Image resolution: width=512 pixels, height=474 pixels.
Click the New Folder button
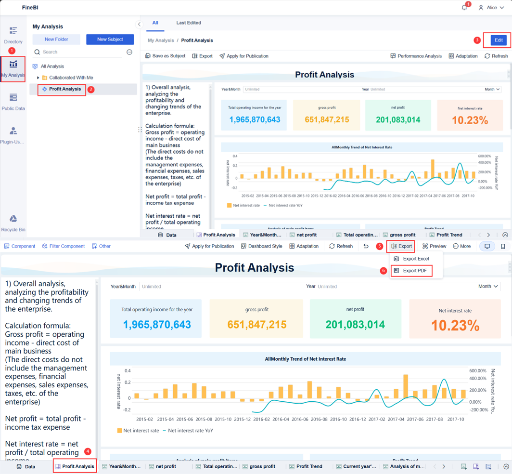coord(56,39)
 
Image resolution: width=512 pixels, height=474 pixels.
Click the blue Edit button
coord(499,40)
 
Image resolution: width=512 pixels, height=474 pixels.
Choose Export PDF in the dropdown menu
coord(414,271)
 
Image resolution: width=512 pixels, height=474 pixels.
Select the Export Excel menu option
coord(415,259)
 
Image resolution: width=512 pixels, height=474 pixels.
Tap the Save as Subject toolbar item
coord(165,56)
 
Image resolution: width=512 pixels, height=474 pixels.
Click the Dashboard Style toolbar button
coord(261,246)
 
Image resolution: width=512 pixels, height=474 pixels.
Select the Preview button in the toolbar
coord(434,246)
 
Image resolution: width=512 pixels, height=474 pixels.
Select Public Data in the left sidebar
coord(13,102)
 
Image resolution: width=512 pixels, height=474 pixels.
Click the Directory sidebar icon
coord(13,35)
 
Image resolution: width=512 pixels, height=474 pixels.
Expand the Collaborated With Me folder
coord(38,78)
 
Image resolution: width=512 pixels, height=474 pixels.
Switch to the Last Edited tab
coord(188,23)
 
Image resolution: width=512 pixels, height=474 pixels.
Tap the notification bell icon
coord(464,8)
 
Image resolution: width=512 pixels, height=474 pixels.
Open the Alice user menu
coord(491,8)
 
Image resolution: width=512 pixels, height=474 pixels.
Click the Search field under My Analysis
coord(79,52)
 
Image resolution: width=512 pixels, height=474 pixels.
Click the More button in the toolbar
coord(461,246)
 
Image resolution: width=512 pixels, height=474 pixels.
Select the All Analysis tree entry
coord(52,66)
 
